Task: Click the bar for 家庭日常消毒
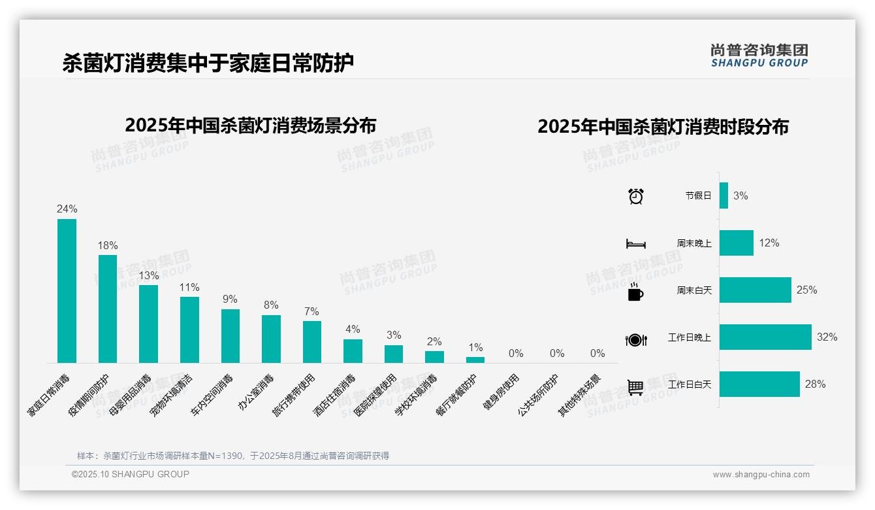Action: pos(67,291)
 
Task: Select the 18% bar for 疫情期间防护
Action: pos(108,309)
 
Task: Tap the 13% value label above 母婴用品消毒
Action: pos(149,275)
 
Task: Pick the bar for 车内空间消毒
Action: pos(231,336)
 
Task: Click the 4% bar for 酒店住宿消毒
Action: pos(353,351)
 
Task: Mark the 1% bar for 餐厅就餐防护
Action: pos(475,360)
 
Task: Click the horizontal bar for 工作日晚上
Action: pos(765,337)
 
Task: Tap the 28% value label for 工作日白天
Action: pos(815,384)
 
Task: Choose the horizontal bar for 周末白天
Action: pos(755,290)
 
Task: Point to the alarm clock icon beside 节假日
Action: pos(635,196)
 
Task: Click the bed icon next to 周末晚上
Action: pos(635,244)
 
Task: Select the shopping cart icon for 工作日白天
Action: pos(635,387)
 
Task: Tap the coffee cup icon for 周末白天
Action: pos(635,292)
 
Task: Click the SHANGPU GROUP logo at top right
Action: pos(759,56)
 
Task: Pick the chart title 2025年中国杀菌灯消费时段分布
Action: pos(663,127)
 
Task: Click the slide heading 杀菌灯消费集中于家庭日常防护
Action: pos(208,63)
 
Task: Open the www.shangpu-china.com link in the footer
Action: pos(761,475)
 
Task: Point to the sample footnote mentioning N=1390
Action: pos(233,456)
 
